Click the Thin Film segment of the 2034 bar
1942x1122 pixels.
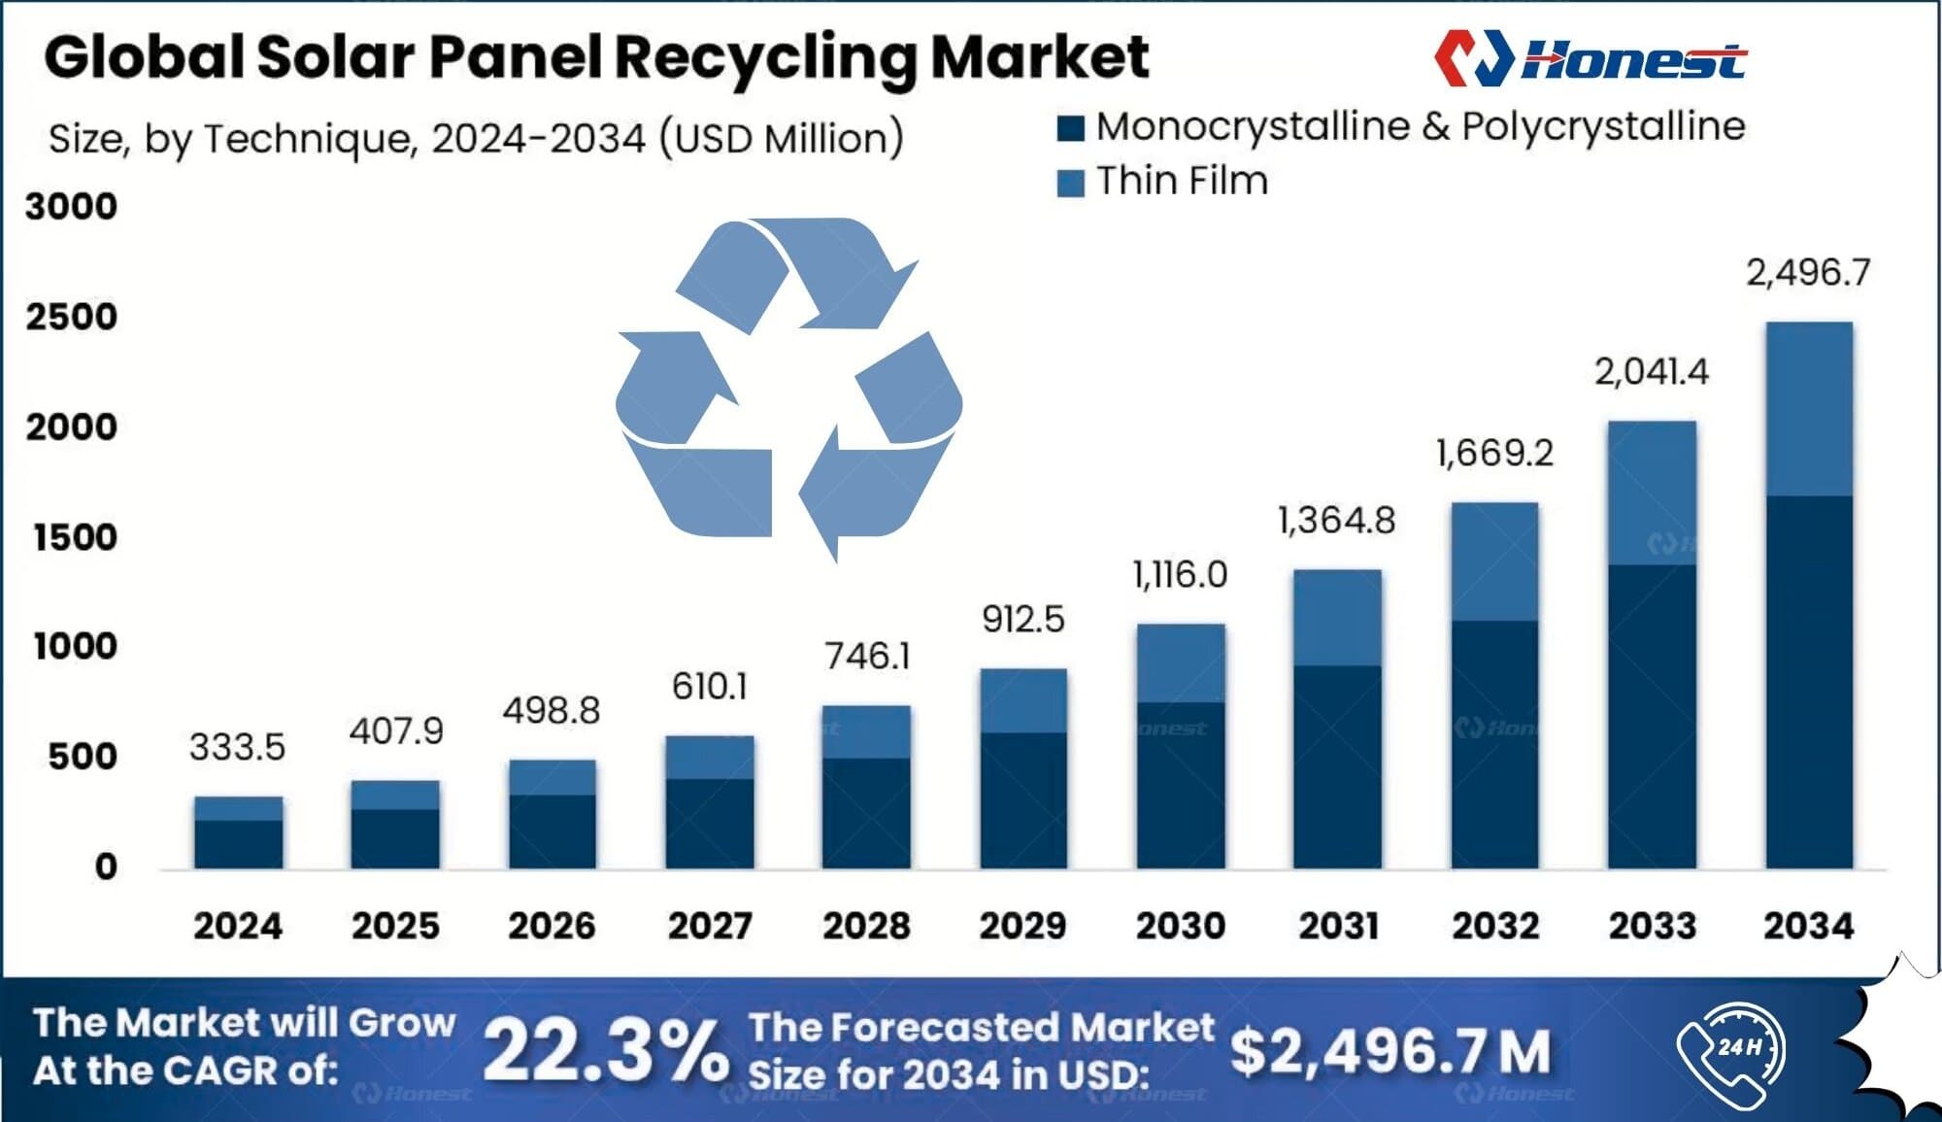1809,408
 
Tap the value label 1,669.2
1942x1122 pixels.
1494,453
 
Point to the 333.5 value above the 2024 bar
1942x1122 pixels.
237,747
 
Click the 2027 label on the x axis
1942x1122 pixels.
710,925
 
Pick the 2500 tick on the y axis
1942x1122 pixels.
71,317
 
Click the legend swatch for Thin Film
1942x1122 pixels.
1070,183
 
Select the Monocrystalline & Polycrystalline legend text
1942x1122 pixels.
1420,126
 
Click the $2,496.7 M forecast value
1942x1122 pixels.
1390,1051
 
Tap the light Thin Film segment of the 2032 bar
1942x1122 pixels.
1494,561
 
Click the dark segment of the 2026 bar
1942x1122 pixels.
552,832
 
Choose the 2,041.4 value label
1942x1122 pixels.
1651,372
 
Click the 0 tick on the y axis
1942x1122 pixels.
105,867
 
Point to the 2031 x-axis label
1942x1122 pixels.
1338,925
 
